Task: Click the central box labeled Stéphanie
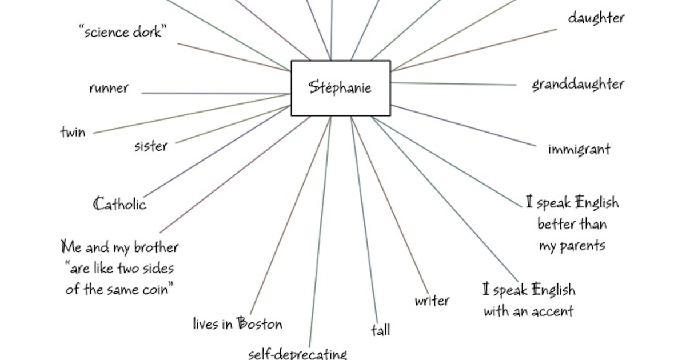(x=340, y=88)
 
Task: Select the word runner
(x=109, y=88)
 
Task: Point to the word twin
(x=73, y=133)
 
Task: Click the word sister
(x=151, y=146)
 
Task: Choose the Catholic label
(x=119, y=204)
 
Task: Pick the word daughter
(x=596, y=18)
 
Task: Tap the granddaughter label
(x=577, y=85)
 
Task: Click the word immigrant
(x=579, y=150)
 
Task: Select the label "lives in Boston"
(x=237, y=324)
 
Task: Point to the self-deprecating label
(x=297, y=354)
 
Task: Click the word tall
(x=380, y=330)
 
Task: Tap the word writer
(x=432, y=301)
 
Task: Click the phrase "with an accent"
(x=528, y=311)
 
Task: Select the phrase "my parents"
(x=572, y=246)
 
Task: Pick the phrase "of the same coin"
(x=119, y=289)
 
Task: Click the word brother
(x=156, y=247)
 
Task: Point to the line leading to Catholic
(x=217, y=151)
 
